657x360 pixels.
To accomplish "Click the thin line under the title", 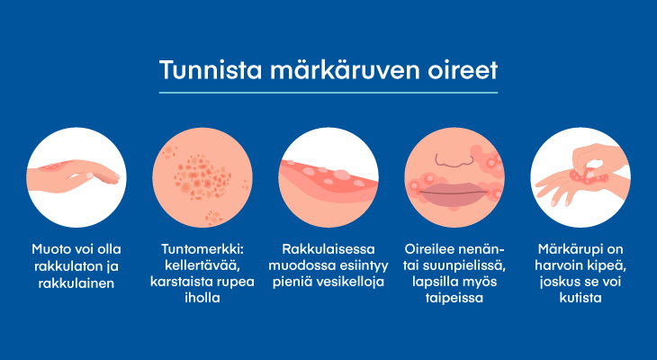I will pos(328,92).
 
